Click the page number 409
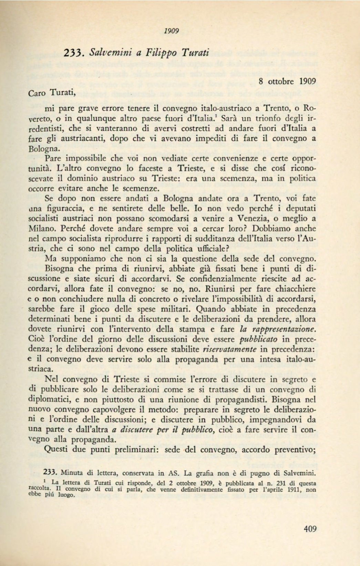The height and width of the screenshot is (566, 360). [x=310, y=529]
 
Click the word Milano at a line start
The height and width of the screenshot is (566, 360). [x=40, y=229]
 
